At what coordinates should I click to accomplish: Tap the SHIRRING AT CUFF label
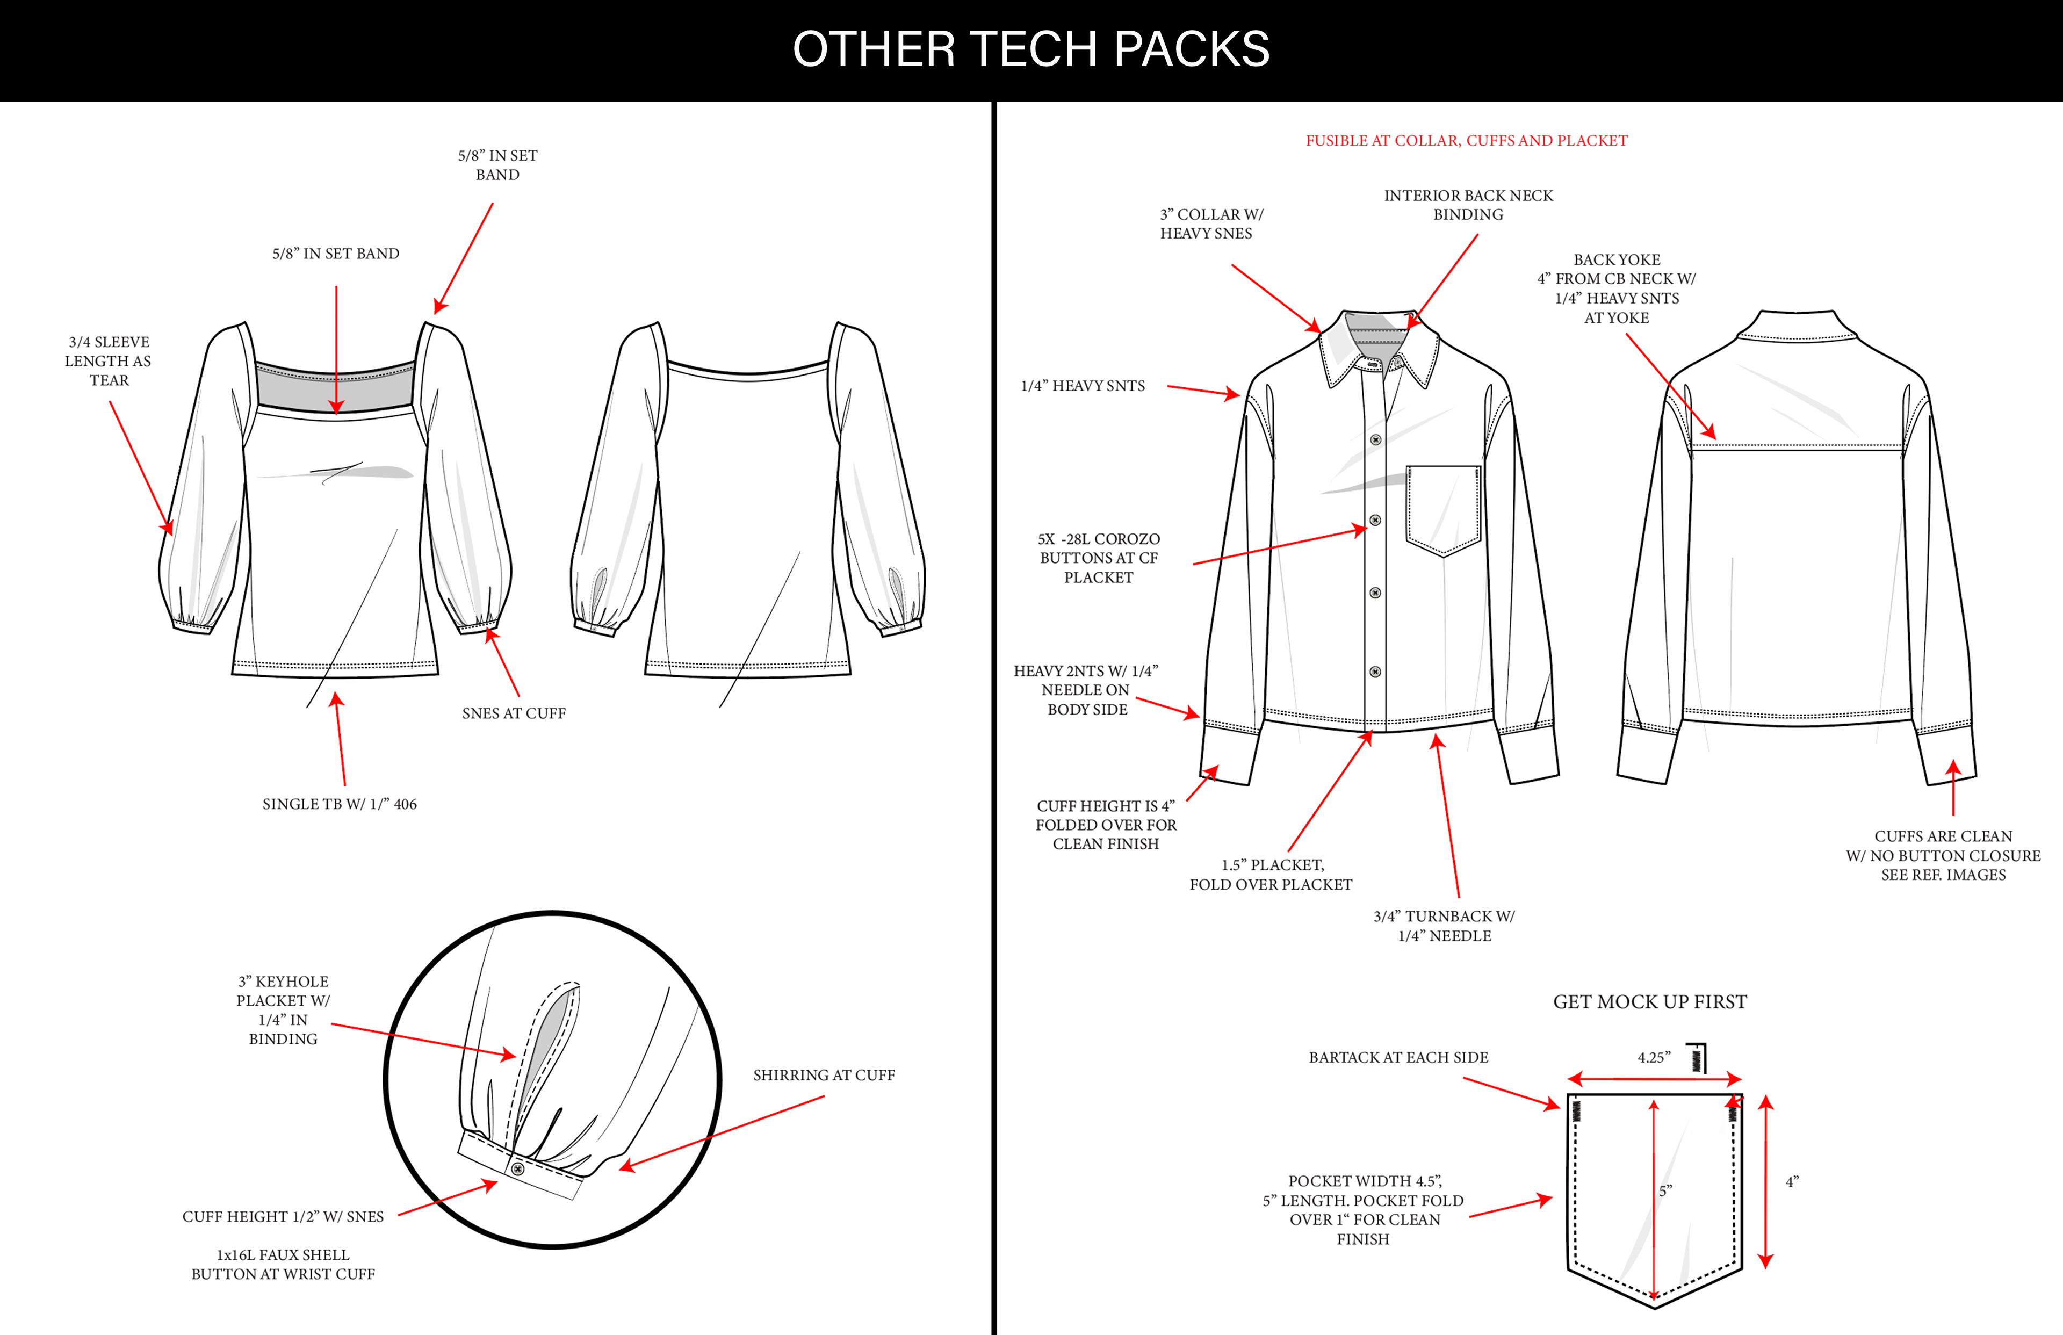coord(824,1075)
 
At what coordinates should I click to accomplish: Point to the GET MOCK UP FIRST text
coord(1649,1002)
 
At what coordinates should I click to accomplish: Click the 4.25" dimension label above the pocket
coord(1653,1058)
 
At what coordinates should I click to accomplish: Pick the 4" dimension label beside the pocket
coord(1792,1181)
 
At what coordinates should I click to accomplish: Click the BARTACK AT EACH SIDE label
coord(1397,1058)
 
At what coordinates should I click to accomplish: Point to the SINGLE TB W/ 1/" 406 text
coord(339,804)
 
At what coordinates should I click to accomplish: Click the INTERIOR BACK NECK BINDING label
coord(1468,205)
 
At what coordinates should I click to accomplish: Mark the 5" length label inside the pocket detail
coord(1665,1191)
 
